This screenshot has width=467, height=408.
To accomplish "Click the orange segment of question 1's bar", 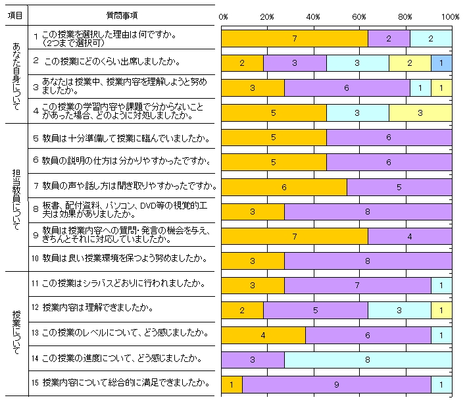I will [x=294, y=39].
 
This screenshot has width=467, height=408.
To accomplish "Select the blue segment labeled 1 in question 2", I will [x=441, y=63].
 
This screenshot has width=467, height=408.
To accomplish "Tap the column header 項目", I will [x=18, y=14].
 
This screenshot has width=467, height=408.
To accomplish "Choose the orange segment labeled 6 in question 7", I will [x=283, y=187].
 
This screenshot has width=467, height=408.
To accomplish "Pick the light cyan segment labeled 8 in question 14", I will [x=368, y=360].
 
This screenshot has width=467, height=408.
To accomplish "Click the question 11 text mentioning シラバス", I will [x=124, y=284].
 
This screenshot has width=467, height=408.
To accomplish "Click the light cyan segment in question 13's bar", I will [x=441, y=335].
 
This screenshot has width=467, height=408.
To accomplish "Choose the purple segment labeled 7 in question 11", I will [x=357, y=286].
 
